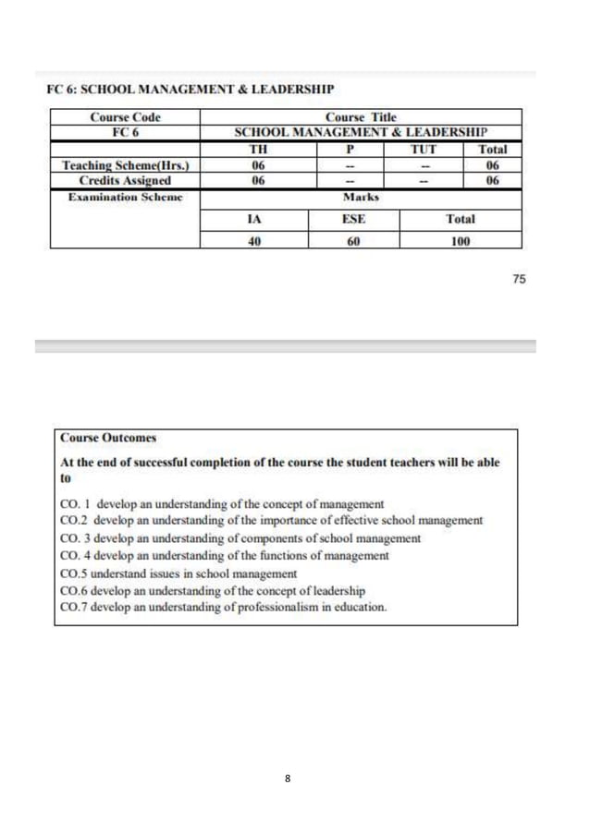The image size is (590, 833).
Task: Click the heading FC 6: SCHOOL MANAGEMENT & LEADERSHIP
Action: pos(190,90)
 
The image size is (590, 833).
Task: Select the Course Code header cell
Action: pos(125,117)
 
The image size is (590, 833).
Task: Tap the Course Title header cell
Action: pos(361,117)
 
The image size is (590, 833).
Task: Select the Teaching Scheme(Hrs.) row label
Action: pos(125,165)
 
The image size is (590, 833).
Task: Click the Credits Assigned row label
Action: pos(125,181)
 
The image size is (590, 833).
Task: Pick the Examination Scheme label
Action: pos(125,198)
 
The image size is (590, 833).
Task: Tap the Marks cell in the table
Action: pos(361,198)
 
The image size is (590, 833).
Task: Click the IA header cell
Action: pos(253,220)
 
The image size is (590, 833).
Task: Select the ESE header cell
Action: pos(353,220)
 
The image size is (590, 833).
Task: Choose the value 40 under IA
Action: pos(253,241)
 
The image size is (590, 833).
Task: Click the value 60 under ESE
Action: pos(353,241)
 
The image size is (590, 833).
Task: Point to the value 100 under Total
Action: pos(460,241)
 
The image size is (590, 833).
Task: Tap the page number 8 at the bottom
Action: pos(288,779)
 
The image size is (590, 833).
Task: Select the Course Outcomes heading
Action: pos(108,438)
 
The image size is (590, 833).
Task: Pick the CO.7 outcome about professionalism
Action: pos(223,607)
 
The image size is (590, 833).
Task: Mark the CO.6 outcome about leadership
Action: pos(212,590)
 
